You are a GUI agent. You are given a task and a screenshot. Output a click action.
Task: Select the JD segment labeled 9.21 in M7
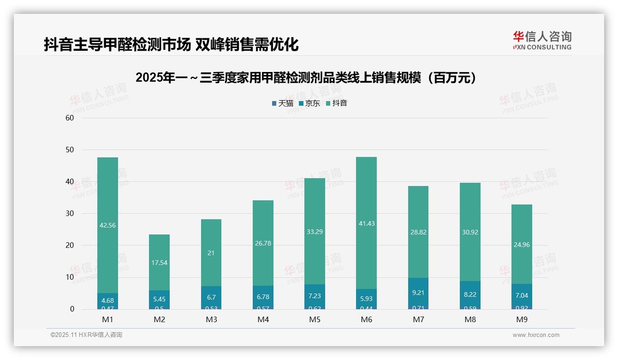(418, 293)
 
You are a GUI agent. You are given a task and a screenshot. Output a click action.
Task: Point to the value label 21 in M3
(211, 253)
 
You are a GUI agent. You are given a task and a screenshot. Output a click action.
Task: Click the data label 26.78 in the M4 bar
(263, 243)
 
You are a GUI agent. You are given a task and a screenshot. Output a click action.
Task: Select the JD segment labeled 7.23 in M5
(315, 296)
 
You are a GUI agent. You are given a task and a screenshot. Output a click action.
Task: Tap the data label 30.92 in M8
(470, 232)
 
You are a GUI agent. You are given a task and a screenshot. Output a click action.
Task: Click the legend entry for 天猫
(282, 103)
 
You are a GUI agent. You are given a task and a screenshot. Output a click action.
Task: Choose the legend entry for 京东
(309, 103)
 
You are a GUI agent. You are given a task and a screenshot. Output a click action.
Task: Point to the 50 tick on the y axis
(70, 150)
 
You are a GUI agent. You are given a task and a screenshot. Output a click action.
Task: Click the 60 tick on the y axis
(70, 118)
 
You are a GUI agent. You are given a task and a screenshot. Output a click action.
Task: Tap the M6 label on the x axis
(366, 319)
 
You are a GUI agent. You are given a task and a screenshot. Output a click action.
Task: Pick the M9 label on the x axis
(522, 319)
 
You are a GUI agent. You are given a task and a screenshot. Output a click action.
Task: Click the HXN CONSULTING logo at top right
(542, 41)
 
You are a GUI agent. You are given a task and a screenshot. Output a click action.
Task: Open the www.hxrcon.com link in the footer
(536, 335)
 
